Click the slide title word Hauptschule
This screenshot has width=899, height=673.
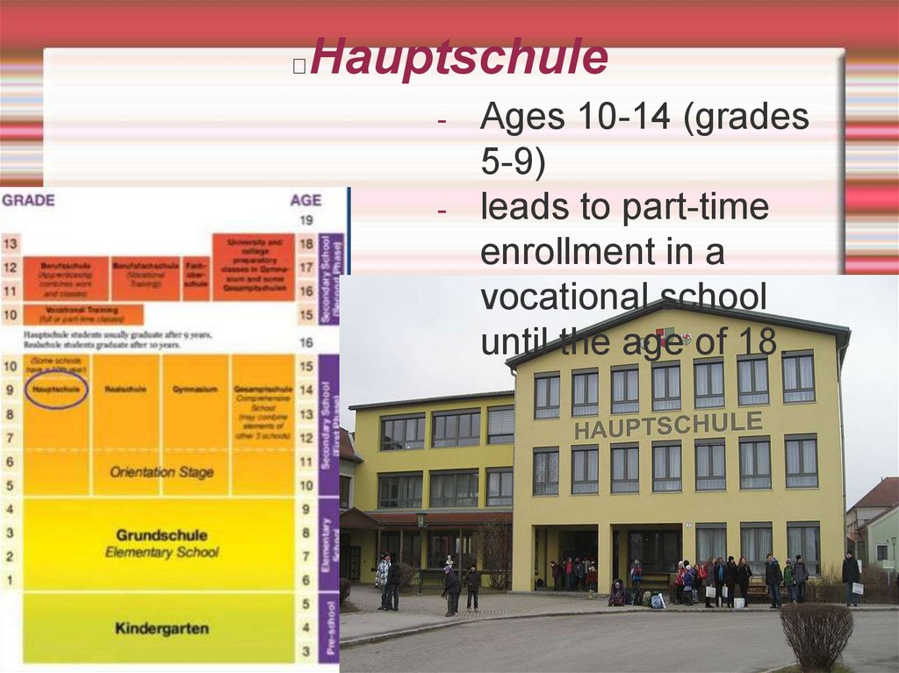458,58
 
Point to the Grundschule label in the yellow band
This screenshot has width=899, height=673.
162,535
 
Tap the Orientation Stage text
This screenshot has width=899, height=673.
162,472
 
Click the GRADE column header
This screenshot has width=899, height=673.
28,200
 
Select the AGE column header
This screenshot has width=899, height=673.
306,200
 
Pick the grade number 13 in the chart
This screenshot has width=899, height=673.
11,243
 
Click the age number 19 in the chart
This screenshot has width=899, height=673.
306,220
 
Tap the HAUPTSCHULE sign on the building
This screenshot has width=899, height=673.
668,425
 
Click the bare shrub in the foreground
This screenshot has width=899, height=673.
816,634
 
